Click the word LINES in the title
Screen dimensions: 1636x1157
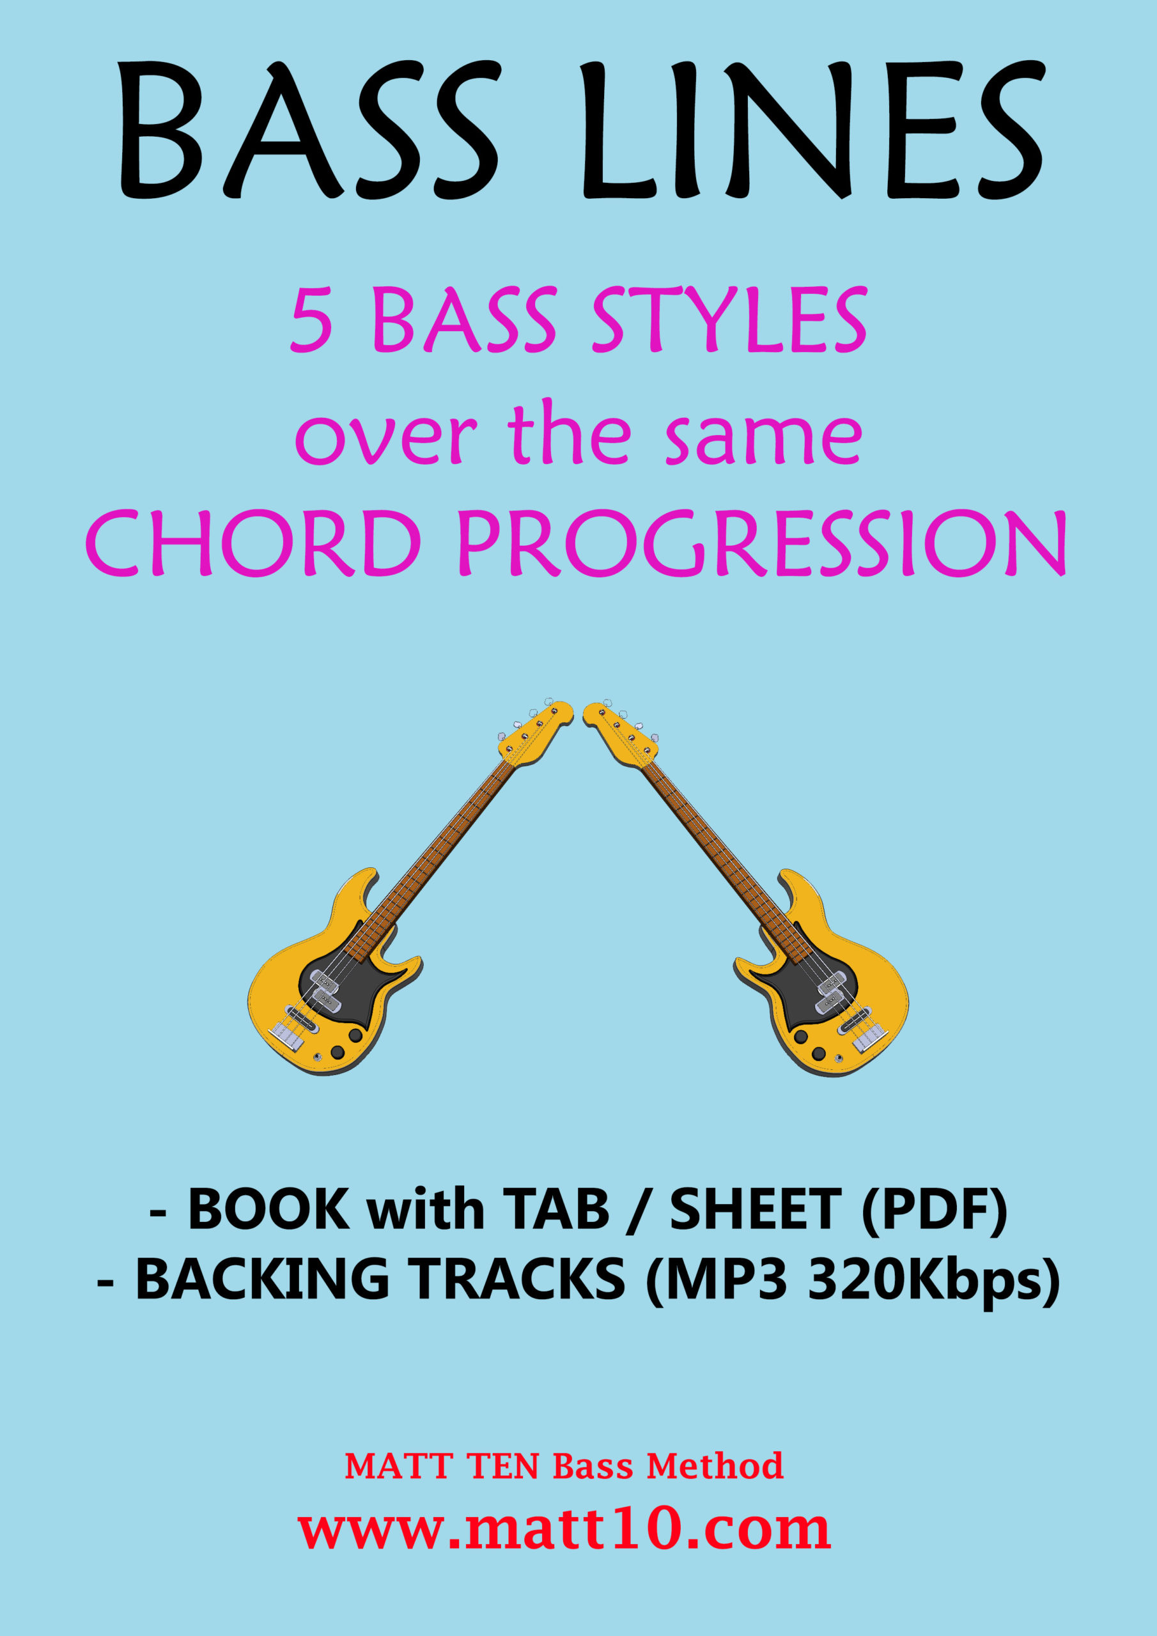[x=812, y=130]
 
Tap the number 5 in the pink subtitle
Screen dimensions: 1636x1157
[x=311, y=321]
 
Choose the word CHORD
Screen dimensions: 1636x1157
[x=253, y=545]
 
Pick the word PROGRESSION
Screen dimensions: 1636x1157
[x=761, y=545]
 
